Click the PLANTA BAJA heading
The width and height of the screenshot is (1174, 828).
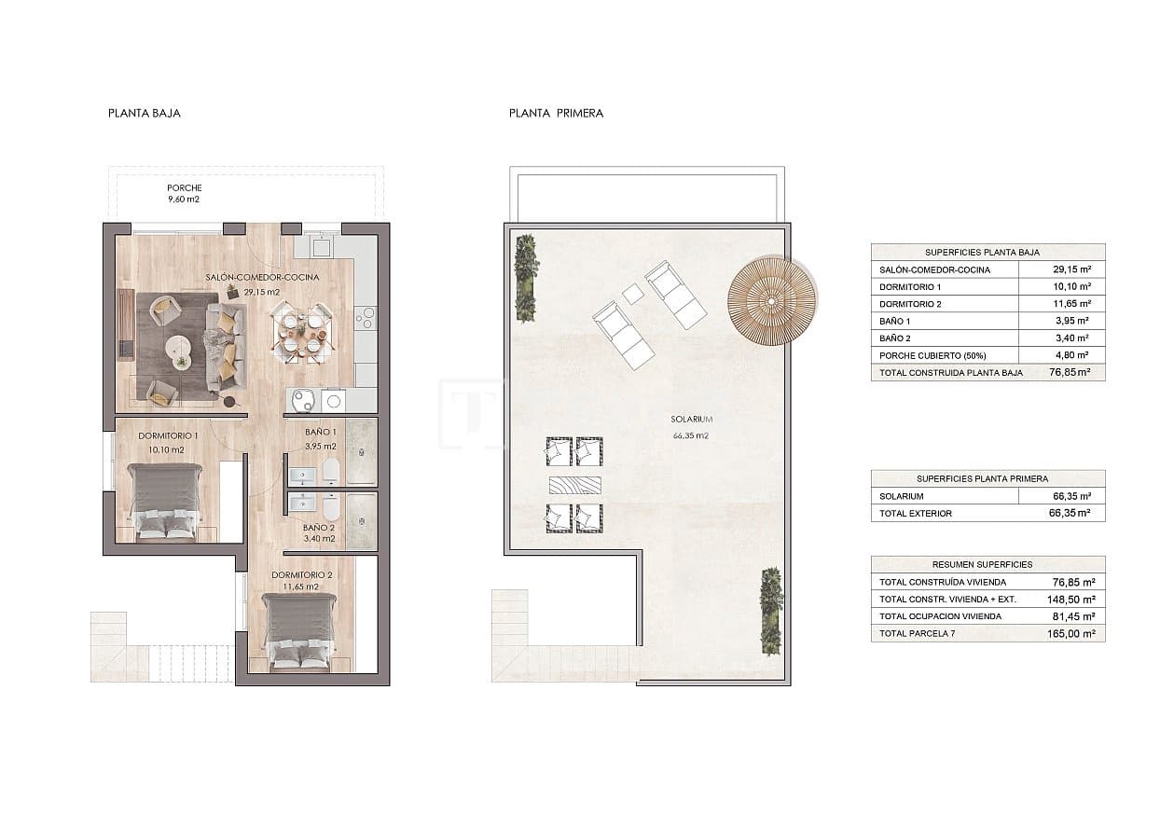[144, 113]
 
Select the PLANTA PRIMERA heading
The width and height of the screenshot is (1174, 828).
[556, 113]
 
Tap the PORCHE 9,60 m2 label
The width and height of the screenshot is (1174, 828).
[184, 193]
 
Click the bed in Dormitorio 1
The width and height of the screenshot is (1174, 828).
[165, 502]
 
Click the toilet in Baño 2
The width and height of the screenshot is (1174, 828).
[329, 508]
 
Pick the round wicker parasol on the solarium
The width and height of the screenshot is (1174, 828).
[772, 301]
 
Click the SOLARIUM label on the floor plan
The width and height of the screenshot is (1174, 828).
[691, 420]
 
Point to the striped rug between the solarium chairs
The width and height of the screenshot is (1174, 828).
[574, 485]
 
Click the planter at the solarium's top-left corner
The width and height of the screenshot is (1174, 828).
[526, 277]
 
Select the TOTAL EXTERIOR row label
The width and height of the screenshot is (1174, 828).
[916, 514]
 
